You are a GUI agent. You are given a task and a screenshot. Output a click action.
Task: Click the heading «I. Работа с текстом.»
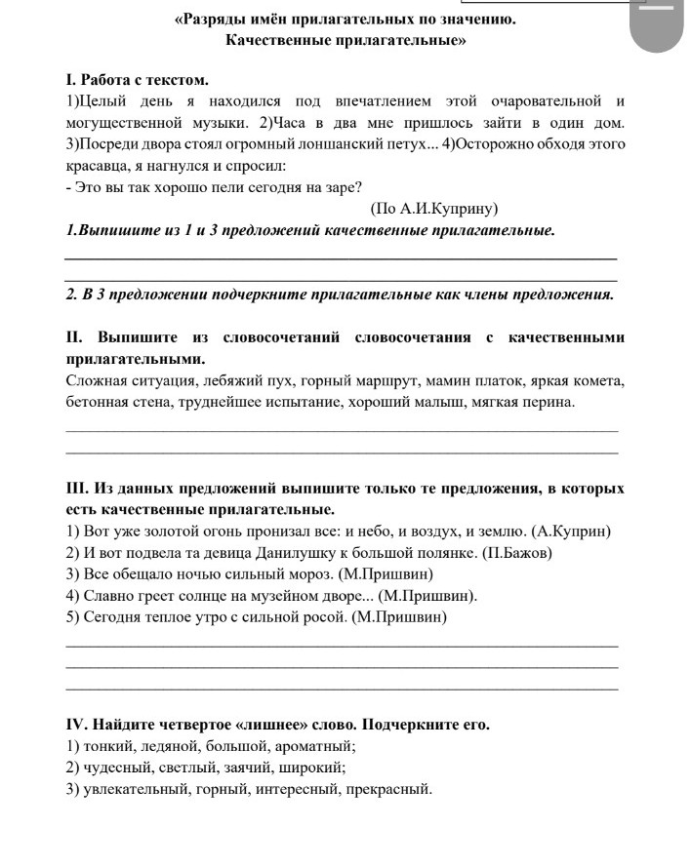tap(138, 79)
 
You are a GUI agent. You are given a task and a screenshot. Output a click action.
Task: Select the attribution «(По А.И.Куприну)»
tap(434, 209)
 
